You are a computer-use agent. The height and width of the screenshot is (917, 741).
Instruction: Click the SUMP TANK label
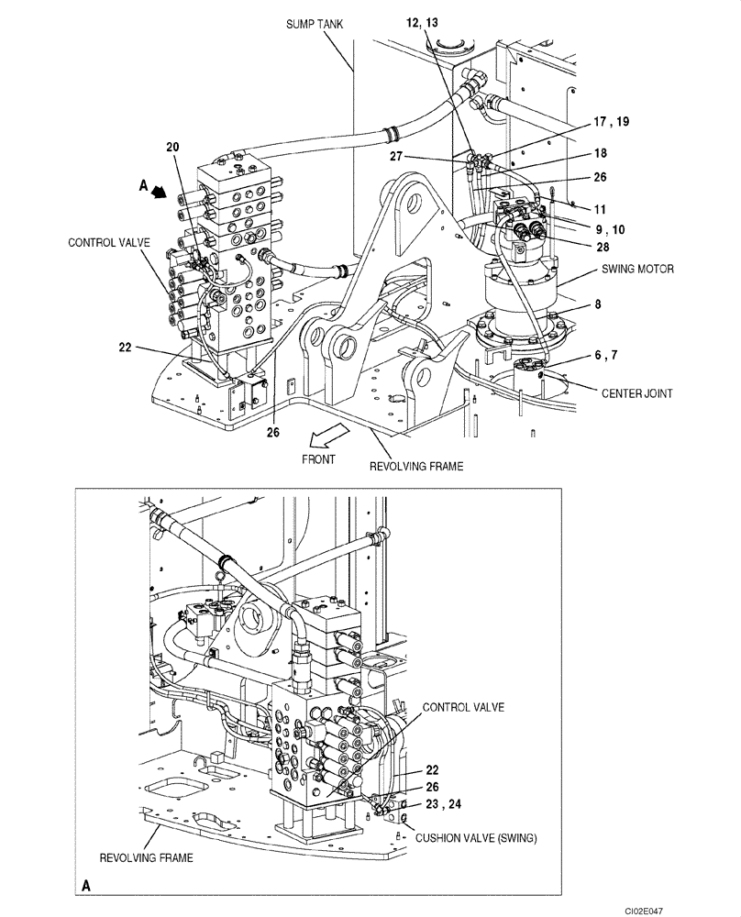tap(314, 25)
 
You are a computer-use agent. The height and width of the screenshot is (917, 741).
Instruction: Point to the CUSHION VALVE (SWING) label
tap(475, 837)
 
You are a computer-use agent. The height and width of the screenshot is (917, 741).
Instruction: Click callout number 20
tap(173, 147)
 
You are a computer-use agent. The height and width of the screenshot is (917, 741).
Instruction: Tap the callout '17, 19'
tap(611, 121)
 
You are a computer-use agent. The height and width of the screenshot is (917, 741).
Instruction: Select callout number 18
tap(601, 154)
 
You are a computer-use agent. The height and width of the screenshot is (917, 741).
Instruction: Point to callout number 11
tap(601, 209)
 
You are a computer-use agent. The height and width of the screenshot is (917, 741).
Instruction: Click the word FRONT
tap(320, 458)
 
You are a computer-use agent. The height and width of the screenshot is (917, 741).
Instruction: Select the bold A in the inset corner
tap(85, 886)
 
